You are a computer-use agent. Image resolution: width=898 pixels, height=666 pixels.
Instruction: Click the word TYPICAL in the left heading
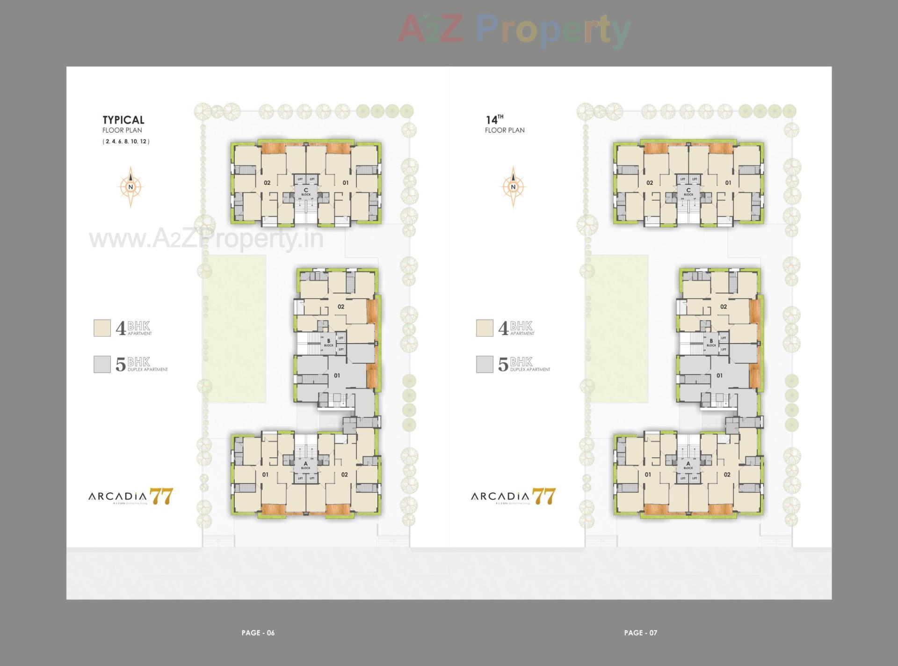[x=123, y=120]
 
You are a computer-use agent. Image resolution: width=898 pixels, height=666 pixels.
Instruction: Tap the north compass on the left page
[x=130, y=187]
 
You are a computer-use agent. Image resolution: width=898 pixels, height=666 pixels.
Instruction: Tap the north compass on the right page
[x=513, y=187]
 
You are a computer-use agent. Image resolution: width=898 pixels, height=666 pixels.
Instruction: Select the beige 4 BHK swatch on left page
[x=102, y=328]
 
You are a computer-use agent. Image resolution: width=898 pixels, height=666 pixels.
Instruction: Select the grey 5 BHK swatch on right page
[x=485, y=364]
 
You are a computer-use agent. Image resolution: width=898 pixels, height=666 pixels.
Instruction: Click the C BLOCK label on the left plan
[x=306, y=191]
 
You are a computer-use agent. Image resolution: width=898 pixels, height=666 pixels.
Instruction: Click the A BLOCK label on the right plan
[x=688, y=465]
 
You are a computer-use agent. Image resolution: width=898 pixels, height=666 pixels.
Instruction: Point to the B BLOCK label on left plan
[x=329, y=343]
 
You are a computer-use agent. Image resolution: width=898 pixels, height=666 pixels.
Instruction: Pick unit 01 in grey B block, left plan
[x=337, y=375]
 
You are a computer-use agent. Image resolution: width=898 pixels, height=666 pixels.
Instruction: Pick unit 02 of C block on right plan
[x=649, y=183]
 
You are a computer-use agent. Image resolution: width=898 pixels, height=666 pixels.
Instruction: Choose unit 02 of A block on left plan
[x=344, y=475]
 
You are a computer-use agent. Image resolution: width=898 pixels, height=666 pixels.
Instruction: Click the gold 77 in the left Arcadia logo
[x=161, y=496]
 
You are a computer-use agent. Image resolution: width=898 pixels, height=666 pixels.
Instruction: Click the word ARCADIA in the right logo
[x=500, y=496]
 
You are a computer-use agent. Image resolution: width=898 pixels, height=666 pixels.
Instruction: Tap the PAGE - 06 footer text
[x=258, y=633]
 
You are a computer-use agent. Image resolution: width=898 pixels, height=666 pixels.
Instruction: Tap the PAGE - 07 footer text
[x=640, y=633]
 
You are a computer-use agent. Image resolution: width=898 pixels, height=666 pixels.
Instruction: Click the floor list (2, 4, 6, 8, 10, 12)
[x=126, y=141]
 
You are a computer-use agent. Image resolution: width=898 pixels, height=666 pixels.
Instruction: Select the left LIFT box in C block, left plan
[x=300, y=179]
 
